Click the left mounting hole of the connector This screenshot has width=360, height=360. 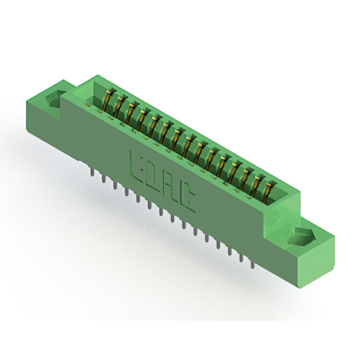pyautogui.click(x=55, y=99)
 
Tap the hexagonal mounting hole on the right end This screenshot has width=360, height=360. pyautogui.click(x=299, y=238)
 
